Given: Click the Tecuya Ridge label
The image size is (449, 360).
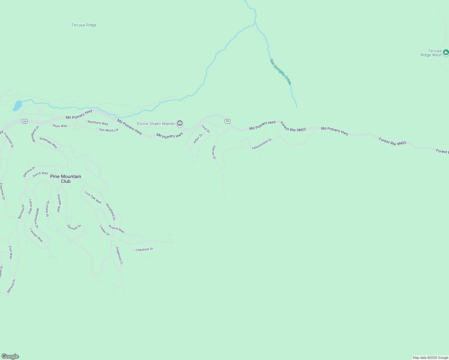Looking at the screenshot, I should [84, 25].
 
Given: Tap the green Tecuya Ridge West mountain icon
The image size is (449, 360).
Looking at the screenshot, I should [446, 52].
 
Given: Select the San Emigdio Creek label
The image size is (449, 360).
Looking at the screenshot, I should [281, 72].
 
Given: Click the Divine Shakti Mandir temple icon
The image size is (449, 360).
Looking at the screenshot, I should [180, 123].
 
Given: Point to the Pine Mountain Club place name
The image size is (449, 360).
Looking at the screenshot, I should [66, 179].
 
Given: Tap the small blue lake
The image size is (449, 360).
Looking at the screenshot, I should [17, 106].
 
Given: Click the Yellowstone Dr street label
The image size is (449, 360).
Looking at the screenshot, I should [262, 144].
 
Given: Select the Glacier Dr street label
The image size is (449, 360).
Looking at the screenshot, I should [214, 152].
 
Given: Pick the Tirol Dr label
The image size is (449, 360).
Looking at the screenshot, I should [206, 129].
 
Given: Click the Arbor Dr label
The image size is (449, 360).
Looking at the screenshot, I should [198, 139].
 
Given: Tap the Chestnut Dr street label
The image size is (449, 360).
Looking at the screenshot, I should [144, 249].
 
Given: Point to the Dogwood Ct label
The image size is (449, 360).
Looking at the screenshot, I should [119, 256].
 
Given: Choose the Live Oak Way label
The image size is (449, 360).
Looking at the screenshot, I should [93, 197].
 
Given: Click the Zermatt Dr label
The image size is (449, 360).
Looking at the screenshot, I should [74, 227].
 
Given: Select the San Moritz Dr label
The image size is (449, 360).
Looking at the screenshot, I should [109, 130].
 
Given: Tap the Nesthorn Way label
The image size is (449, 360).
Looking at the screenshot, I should [98, 123].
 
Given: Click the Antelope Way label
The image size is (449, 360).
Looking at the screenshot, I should [48, 143].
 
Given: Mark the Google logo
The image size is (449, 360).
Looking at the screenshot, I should [10, 356].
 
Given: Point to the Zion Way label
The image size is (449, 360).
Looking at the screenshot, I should [11, 252].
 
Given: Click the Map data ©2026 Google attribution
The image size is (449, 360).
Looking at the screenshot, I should [430, 358].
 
